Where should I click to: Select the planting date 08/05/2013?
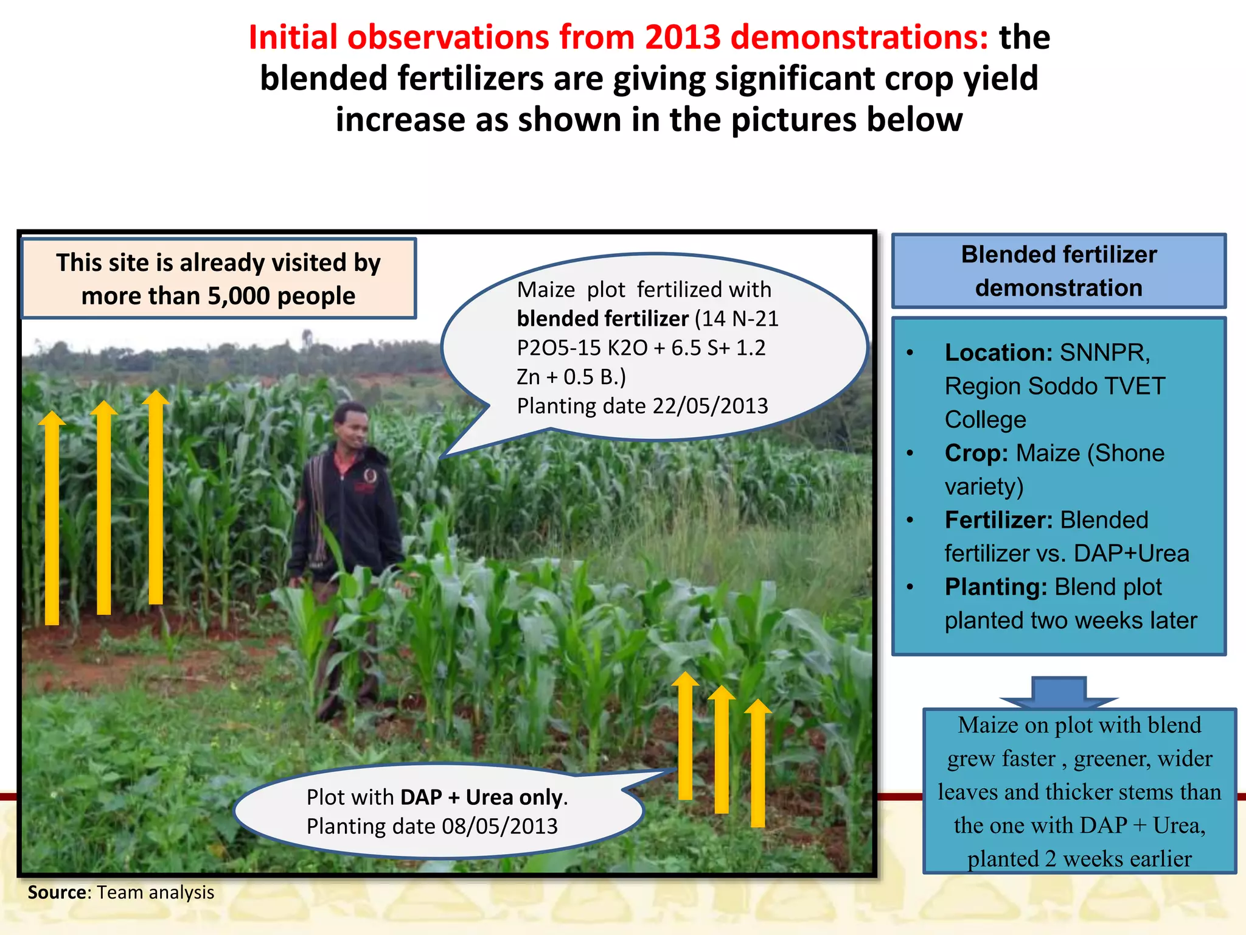click(499, 827)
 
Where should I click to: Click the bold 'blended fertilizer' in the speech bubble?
click(602, 319)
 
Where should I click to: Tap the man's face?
click(352, 426)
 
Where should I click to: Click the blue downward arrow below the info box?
click(1059, 693)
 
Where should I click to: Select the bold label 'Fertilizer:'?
click(998, 520)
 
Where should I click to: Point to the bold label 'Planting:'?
click(995, 587)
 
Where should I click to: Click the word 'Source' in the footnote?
click(58, 892)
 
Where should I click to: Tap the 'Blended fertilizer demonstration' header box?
click(1059, 271)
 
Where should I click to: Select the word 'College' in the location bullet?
click(985, 420)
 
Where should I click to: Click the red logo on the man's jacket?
click(369, 475)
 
